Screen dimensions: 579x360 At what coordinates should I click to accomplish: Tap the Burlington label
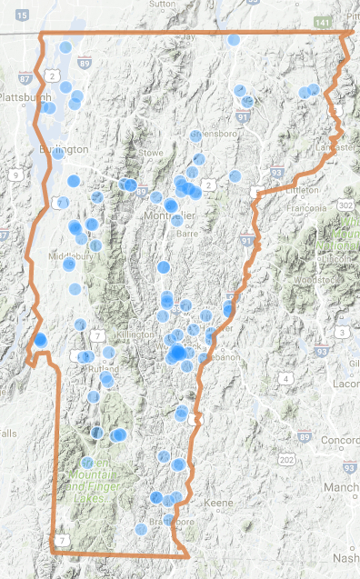click(65, 149)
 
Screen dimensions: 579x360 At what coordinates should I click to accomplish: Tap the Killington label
click(135, 334)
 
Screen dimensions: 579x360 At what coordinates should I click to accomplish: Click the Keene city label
click(220, 503)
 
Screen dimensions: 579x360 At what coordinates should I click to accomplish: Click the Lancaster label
click(333, 146)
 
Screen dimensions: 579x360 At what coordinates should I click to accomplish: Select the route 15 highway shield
click(21, 17)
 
